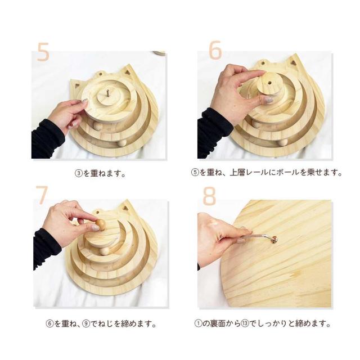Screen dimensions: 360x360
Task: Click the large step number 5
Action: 43,52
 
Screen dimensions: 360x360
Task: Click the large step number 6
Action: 215,50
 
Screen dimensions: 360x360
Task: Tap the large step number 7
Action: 42,195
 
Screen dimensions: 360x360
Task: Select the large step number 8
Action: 209,196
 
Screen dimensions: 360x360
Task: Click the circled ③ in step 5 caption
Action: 79,173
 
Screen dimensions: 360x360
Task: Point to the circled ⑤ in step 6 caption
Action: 195,172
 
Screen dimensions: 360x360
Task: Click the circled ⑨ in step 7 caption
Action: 86,324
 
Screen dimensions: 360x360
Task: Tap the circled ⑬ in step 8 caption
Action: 245,323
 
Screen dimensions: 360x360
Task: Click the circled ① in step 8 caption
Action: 198,323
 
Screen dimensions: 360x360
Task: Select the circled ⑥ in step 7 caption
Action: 49,324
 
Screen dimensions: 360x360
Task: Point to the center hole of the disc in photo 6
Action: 269,83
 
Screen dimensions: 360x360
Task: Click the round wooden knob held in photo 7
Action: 101,224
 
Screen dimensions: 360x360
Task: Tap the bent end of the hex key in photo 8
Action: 274,239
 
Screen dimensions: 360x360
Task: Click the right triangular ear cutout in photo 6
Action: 293,62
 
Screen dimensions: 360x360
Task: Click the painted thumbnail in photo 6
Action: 268,100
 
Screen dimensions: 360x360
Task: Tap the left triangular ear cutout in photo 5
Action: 76,86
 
